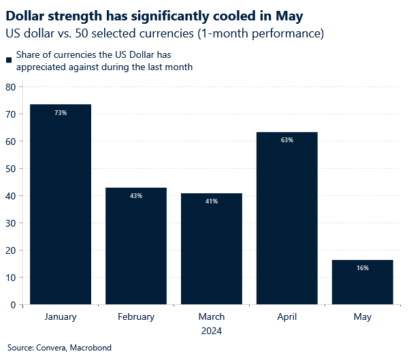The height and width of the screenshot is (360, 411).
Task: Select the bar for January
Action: click(x=61, y=204)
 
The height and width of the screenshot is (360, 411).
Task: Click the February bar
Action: click(x=136, y=246)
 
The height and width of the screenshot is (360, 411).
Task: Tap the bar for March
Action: click(x=212, y=248)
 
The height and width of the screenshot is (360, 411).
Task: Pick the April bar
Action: click(x=286, y=218)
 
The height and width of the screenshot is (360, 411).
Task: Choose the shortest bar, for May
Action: click(x=362, y=282)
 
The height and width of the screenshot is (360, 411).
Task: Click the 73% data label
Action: click(x=61, y=113)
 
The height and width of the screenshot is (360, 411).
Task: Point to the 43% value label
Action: click(x=136, y=196)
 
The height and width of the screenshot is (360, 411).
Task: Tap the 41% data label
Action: click(x=212, y=201)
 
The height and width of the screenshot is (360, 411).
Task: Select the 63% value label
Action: click(x=286, y=140)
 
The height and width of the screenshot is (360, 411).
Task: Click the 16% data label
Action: click(x=362, y=268)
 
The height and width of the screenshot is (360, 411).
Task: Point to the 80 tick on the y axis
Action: click(x=10, y=87)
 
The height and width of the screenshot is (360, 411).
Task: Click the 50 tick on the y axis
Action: click(x=10, y=169)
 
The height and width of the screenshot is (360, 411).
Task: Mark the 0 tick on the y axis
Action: click(x=13, y=305)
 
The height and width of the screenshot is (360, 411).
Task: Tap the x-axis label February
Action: click(x=136, y=317)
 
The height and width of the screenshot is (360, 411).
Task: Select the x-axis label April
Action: click(x=286, y=317)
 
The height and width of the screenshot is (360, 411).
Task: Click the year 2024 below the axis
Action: click(x=211, y=331)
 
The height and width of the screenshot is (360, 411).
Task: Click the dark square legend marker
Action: click(x=9, y=61)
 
